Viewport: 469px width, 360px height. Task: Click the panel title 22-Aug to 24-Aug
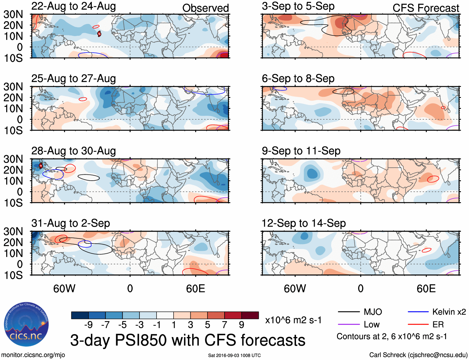[x=74, y=6]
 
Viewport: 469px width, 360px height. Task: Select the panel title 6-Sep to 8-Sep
[x=298, y=79]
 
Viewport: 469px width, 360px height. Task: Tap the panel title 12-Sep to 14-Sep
[x=303, y=223]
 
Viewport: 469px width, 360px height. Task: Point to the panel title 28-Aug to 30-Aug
[x=74, y=151]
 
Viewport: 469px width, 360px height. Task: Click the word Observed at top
[x=205, y=8]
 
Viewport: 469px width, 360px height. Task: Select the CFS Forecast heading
[x=426, y=8]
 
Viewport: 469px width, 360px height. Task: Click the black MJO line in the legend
[x=348, y=312]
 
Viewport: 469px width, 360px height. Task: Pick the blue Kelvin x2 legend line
[x=418, y=312]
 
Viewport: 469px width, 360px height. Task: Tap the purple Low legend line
[x=348, y=325]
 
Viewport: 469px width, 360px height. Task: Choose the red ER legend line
[x=418, y=325]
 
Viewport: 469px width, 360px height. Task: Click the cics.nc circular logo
[x=26, y=324]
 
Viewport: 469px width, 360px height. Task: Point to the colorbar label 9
[x=241, y=325]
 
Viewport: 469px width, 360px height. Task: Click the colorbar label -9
[x=88, y=325]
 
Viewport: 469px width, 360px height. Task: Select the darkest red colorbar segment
[x=250, y=315]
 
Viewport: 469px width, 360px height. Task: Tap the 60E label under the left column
[x=195, y=288]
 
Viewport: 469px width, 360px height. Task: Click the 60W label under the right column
[x=295, y=288]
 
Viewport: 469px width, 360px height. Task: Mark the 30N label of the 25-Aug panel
[x=13, y=87]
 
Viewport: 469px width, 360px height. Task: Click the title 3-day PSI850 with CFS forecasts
[x=188, y=340]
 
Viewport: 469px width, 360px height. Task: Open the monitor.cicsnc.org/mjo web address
[x=33, y=355]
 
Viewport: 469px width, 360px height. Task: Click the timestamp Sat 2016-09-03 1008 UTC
[x=234, y=355]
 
